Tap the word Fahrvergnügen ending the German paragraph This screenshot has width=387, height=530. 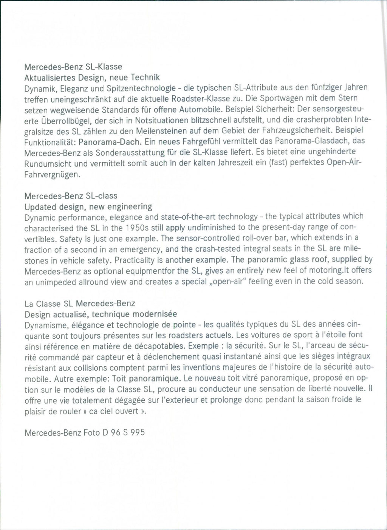click(x=52, y=175)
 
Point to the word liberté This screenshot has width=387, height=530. click(x=324, y=389)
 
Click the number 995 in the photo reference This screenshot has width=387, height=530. click(x=137, y=432)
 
